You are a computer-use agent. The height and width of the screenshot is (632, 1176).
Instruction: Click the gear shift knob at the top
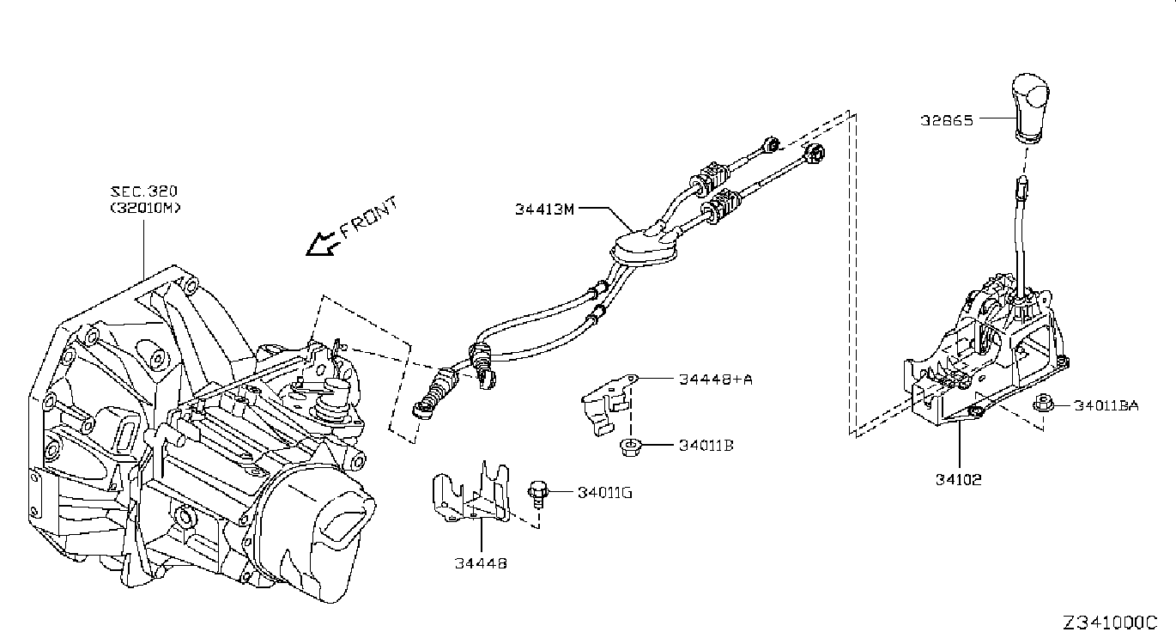tap(1031, 107)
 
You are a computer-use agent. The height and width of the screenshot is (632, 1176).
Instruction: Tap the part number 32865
tap(947, 120)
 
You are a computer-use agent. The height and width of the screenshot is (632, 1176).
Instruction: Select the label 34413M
tap(544, 209)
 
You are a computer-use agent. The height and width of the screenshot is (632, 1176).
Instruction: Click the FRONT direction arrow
tap(320, 244)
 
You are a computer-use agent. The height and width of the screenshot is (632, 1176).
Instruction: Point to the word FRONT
tap(369, 217)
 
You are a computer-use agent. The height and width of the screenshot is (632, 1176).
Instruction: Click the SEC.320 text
tap(144, 191)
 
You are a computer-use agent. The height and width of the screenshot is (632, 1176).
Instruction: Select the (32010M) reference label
tap(145, 208)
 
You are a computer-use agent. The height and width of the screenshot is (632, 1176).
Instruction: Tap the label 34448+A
tap(716, 380)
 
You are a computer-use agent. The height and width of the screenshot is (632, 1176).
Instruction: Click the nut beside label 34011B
tap(630, 447)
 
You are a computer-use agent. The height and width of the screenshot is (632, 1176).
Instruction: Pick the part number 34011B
tap(706, 446)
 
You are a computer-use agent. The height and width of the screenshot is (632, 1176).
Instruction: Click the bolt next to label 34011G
tap(537, 493)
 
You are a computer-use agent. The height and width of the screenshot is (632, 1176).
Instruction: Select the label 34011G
tap(605, 493)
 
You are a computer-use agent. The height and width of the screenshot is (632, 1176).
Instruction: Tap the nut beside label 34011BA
tap(1043, 404)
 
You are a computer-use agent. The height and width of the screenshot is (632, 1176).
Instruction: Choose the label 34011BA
tap(1106, 405)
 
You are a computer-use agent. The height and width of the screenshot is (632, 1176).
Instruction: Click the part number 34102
tap(958, 480)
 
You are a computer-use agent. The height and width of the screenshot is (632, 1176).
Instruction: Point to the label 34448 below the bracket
tap(481, 563)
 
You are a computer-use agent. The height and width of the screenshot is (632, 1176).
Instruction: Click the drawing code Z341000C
tap(1111, 623)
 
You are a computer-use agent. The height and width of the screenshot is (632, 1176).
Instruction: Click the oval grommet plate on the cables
tap(644, 249)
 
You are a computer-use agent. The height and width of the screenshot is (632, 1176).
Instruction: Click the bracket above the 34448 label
tap(471, 493)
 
